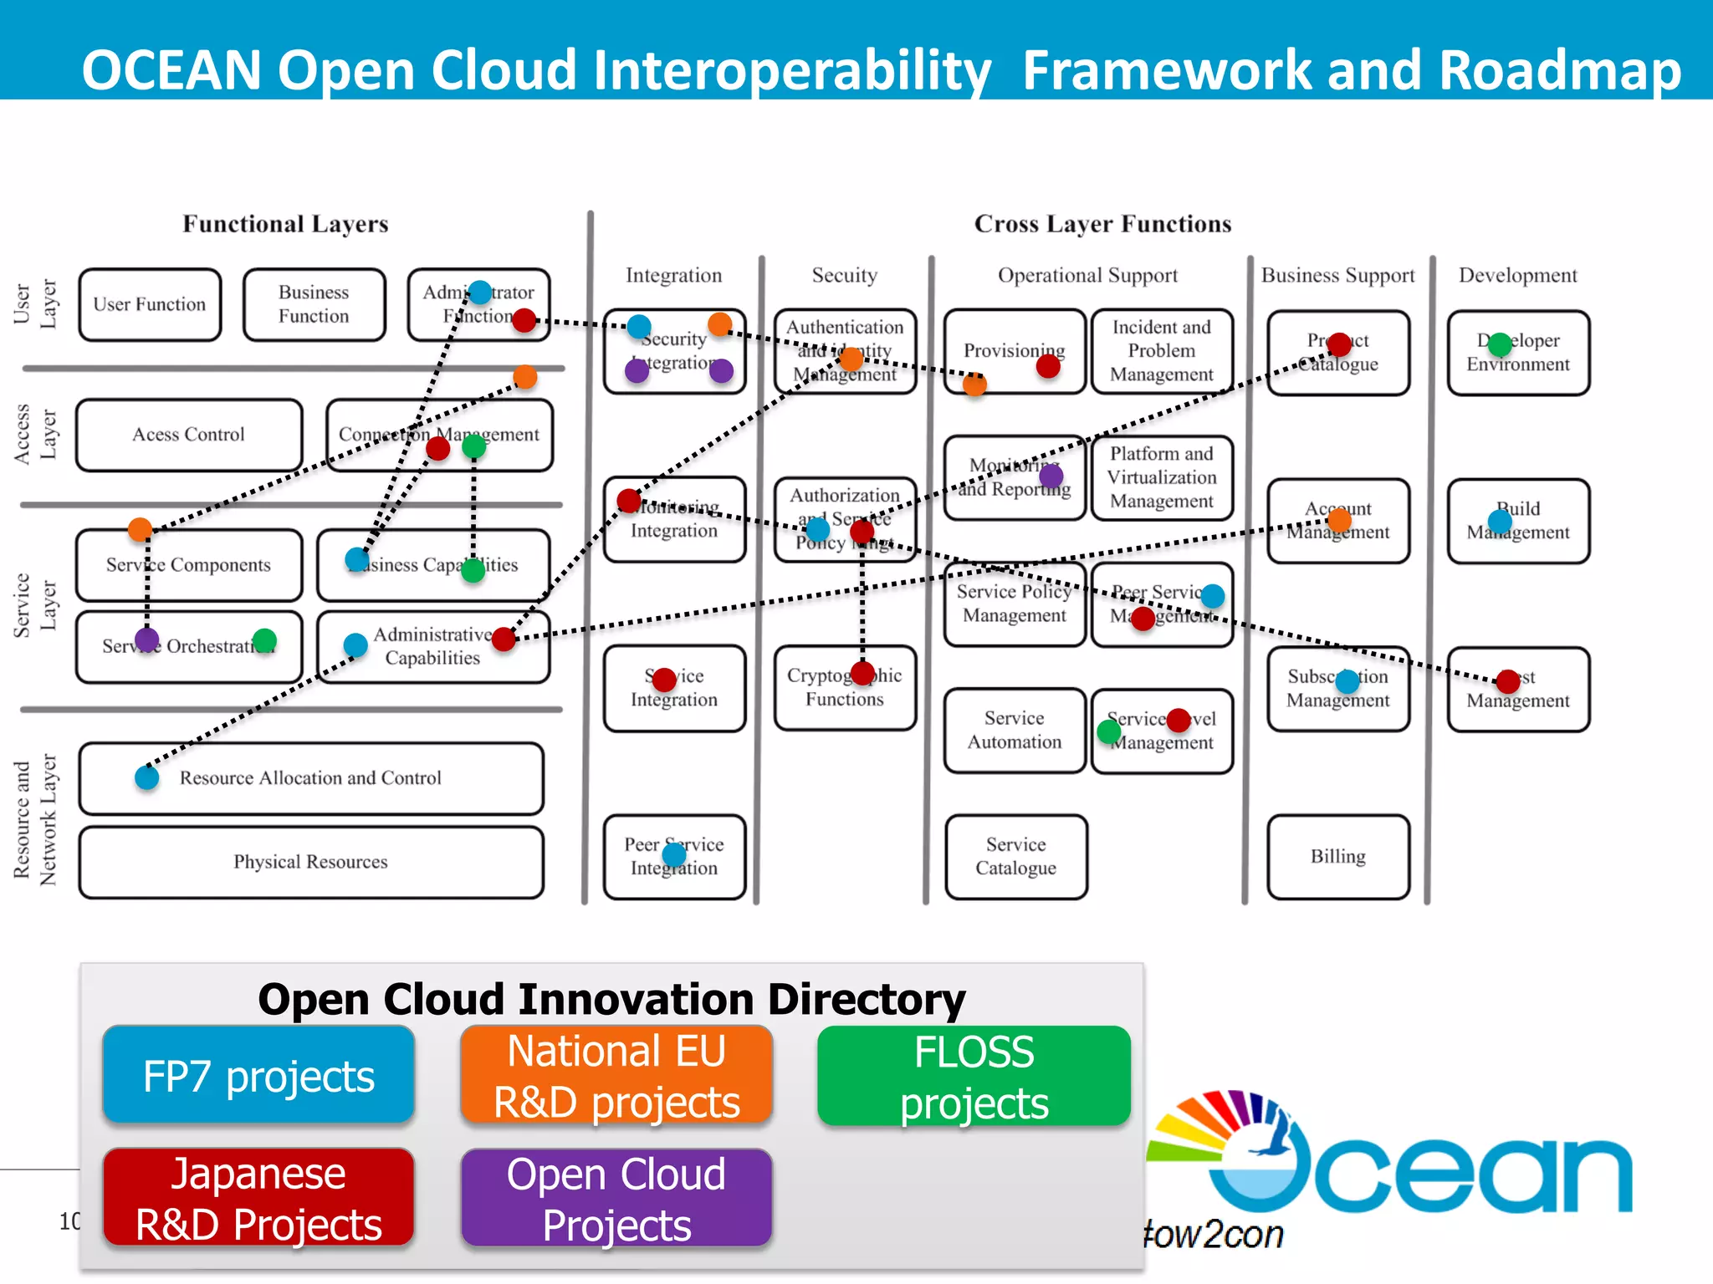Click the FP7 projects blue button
click(258, 1075)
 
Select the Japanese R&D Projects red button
click(258, 1198)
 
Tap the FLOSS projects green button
click(974, 1076)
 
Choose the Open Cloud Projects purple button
click(616, 1199)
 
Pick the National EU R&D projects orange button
click(616, 1075)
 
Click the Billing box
click(1337, 857)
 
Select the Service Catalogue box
click(1015, 857)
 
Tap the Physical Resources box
click(310, 862)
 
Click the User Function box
click(150, 304)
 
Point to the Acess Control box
click(189, 435)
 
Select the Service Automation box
click(1014, 730)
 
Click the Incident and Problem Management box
click(1161, 351)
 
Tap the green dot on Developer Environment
click(1501, 344)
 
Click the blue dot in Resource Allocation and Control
click(147, 777)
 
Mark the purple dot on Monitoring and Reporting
click(1051, 476)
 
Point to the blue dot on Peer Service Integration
click(674, 854)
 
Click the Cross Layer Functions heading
click(1102, 224)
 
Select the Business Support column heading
click(1337, 275)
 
